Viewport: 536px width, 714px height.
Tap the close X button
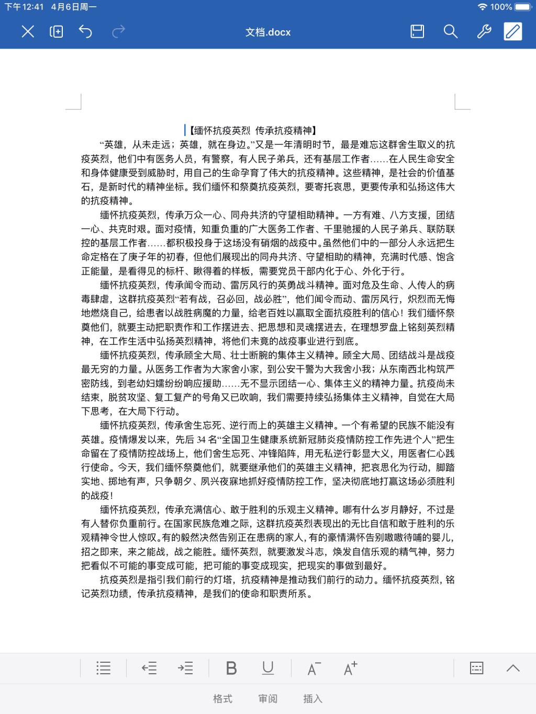pos(28,32)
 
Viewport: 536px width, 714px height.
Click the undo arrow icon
pos(85,32)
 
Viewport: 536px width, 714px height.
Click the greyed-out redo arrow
pos(119,32)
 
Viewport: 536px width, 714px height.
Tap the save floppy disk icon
pos(417,32)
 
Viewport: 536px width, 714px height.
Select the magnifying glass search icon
pos(450,32)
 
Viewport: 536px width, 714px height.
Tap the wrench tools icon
pos(484,32)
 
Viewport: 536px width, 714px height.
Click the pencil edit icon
pos(513,32)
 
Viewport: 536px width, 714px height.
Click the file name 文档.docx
pos(268,32)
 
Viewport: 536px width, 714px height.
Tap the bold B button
pos(231,668)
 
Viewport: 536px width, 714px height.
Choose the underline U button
pos(268,668)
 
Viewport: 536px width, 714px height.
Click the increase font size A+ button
pos(350,668)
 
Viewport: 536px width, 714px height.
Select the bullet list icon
pos(104,668)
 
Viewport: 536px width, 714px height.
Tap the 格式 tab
pos(222,699)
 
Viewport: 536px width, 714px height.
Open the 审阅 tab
pos(268,699)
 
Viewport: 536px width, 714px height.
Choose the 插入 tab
pos(313,699)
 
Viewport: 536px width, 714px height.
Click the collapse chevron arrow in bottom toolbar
pos(513,668)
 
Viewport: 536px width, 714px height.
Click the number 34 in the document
pos(202,439)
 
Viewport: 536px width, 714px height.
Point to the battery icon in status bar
pos(523,7)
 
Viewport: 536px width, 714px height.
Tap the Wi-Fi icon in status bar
pos(482,7)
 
